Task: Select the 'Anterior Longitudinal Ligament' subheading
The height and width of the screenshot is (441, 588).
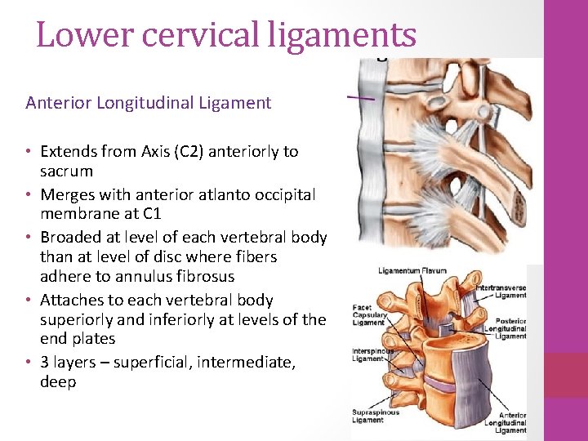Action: point(148,103)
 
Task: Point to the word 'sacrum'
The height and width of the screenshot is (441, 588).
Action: point(67,171)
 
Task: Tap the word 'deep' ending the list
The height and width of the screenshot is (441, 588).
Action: point(58,382)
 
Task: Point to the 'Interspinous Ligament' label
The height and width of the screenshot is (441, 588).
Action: point(372,354)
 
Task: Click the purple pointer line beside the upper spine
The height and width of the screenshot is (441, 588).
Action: point(360,97)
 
